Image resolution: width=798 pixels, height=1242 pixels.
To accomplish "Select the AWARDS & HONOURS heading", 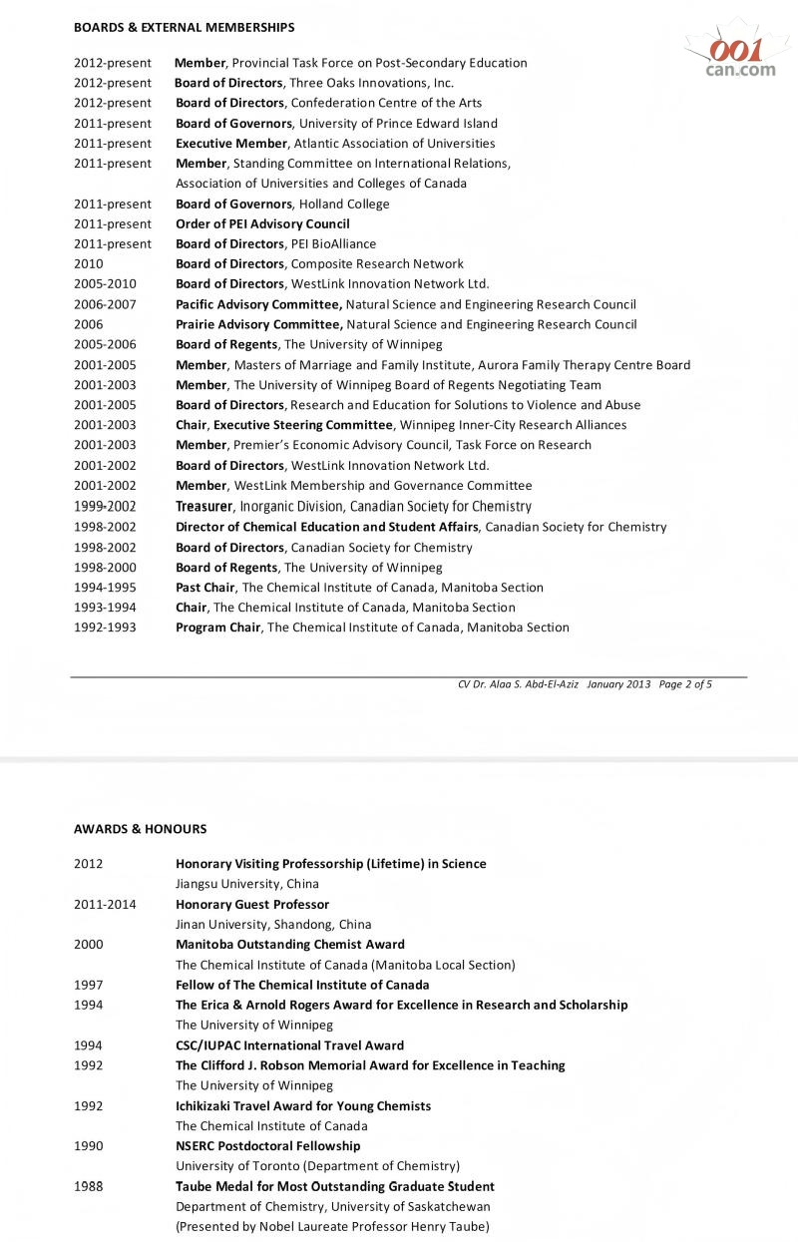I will [140, 829].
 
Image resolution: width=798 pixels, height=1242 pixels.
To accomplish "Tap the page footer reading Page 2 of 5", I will [685, 684].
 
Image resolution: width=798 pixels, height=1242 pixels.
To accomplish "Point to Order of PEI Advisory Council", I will [262, 223].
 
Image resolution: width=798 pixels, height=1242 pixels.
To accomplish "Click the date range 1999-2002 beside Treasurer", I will [105, 506].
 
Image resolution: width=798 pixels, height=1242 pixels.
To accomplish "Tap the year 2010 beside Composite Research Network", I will [89, 264].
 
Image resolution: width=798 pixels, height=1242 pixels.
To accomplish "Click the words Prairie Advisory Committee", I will [259, 324].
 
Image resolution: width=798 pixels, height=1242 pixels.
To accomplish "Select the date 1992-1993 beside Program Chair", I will [105, 627].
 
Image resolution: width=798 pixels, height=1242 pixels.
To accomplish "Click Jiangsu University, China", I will [247, 884].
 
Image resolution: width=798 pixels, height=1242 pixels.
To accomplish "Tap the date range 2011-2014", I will [105, 904].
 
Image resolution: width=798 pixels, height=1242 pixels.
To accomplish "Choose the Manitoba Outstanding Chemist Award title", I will [290, 944].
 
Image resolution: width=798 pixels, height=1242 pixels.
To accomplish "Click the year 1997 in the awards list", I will [89, 985].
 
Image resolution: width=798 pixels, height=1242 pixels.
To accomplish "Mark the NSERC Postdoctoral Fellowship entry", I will [268, 1146].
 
